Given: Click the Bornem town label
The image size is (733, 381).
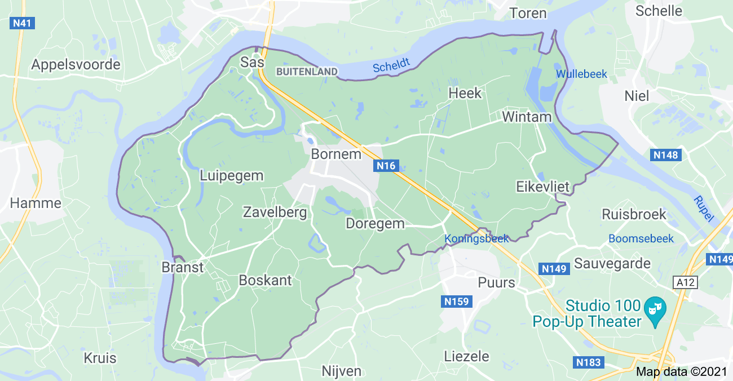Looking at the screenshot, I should (x=335, y=154).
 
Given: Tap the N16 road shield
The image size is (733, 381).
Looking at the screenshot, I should (x=386, y=166).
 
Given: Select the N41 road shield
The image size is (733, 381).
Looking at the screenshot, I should (x=23, y=23).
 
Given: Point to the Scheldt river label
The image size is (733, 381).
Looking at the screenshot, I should (x=391, y=66).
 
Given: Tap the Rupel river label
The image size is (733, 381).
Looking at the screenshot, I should (x=703, y=208).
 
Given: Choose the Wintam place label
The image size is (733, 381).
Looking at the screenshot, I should (x=526, y=117).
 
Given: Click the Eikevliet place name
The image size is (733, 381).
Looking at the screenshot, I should (x=543, y=187).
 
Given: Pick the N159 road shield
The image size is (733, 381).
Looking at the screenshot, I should (x=456, y=302).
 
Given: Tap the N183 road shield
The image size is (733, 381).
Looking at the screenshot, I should (x=588, y=362).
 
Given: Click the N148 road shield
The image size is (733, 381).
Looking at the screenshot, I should (x=666, y=155).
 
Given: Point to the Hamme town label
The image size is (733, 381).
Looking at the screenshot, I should (x=36, y=203).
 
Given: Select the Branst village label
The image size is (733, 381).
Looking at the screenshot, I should (x=182, y=267).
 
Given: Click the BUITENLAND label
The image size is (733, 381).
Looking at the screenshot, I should (x=307, y=72).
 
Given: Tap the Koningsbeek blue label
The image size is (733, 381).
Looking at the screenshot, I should (x=476, y=238).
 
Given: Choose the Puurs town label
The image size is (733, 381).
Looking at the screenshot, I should (x=496, y=282).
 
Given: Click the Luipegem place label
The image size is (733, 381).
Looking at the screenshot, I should (x=231, y=176).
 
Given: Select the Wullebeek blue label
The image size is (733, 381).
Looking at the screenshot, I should (x=581, y=74).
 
